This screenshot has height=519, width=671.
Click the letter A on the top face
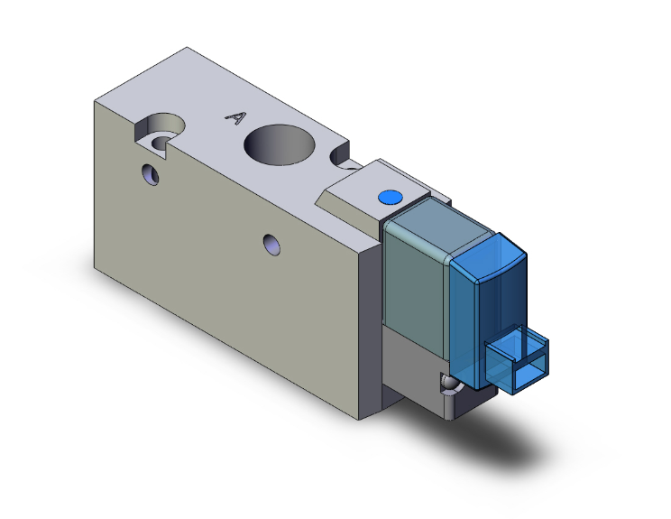click(235, 117)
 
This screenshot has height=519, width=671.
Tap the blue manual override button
click(389, 197)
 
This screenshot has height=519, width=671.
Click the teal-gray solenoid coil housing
click(415, 280)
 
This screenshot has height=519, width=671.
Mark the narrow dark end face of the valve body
click(370, 334)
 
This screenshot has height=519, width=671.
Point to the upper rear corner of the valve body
click(187, 48)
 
